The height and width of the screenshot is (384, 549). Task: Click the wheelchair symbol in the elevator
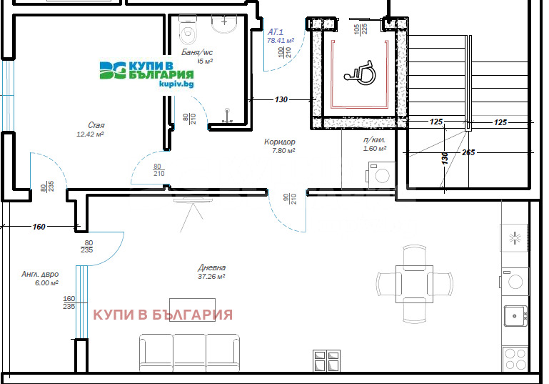coord(353,70)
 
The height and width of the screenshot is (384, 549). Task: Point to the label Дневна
coord(212,268)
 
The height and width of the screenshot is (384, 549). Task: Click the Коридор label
coord(279,142)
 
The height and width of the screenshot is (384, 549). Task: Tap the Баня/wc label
coord(197,52)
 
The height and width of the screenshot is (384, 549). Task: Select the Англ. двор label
coord(40,275)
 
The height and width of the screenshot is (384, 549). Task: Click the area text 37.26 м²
coord(212,277)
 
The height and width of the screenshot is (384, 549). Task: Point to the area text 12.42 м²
coord(91,134)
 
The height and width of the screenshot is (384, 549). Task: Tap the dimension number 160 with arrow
coord(39,227)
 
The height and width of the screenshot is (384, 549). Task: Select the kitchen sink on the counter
coord(515,315)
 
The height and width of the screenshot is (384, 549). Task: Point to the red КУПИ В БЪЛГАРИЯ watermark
coord(163,315)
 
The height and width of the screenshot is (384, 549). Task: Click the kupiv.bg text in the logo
coord(176,84)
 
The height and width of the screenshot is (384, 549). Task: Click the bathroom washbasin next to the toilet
coord(226,24)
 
